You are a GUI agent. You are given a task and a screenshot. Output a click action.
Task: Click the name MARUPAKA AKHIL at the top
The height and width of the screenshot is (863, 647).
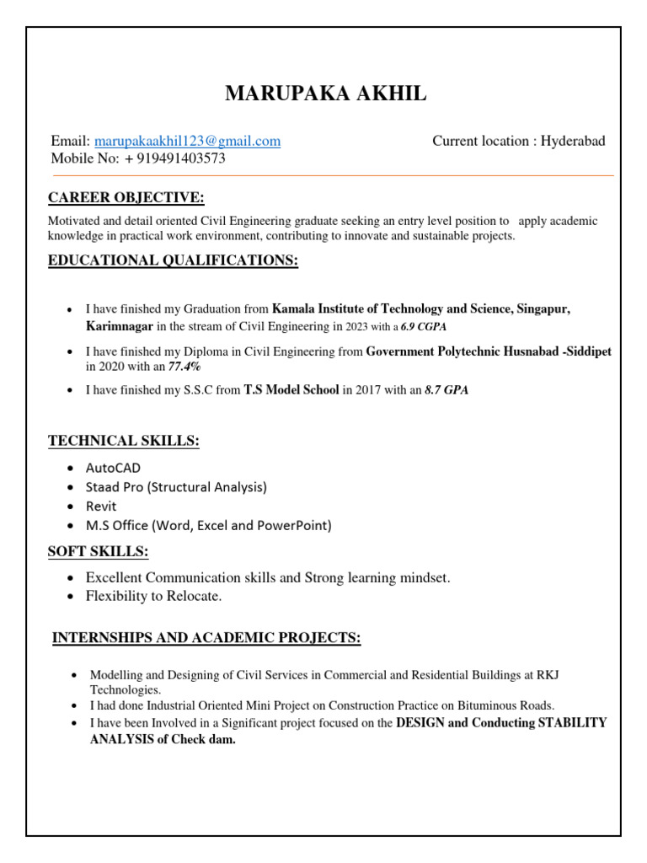[x=325, y=94]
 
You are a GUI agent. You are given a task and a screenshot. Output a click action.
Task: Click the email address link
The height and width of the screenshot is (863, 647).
[x=187, y=142]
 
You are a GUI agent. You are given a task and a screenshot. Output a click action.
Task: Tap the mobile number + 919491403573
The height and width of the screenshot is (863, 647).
[x=174, y=158]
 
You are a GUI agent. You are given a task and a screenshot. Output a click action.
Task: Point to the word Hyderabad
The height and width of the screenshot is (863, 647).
[x=573, y=142]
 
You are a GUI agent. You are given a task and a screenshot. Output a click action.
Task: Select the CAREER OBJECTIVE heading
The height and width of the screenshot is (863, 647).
[x=126, y=198]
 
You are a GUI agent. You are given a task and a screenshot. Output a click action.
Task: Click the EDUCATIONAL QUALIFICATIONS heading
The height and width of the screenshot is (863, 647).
[x=173, y=261]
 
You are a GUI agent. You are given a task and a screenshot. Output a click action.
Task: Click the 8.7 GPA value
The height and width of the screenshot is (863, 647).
[x=446, y=390]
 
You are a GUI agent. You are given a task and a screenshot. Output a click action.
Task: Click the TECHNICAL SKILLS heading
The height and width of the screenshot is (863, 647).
[x=124, y=441]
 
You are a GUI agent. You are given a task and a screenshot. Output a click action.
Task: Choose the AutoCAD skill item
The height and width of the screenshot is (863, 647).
[x=113, y=468]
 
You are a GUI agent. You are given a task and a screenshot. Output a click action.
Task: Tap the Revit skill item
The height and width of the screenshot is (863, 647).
[x=101, y=507]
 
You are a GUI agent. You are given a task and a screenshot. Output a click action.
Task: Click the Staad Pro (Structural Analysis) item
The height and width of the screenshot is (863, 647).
[x=176, y=487]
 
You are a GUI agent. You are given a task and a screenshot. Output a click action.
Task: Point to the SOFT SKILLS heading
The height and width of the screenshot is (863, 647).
[x=99, y=552]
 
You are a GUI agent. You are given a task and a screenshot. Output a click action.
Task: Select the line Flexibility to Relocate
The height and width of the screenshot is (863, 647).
[x=153, y=597]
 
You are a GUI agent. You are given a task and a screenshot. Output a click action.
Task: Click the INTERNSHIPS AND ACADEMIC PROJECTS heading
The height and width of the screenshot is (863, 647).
[x=206, y=639]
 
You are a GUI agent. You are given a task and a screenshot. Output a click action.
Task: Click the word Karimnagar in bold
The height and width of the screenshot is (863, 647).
[x=120, y=326]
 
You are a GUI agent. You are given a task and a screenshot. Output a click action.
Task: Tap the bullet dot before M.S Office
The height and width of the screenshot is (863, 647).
[x=71, y=526]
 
